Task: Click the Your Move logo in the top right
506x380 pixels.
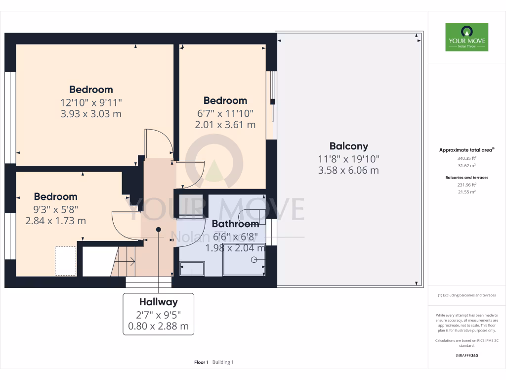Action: coord(466,37)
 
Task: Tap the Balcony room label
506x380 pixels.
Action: coord(349,146)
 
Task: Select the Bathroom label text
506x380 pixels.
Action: coord(235,224)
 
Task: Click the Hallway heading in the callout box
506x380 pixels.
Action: coord(158,302)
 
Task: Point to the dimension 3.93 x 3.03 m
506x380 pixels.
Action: coord(91,114)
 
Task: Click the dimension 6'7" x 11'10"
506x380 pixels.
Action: coord(225,113)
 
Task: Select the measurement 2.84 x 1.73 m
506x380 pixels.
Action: coord(55,221)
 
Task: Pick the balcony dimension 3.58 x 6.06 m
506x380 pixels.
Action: coord(349,171)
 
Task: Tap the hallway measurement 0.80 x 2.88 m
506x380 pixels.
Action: coord(158,327)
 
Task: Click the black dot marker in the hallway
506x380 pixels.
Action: coord(159,229)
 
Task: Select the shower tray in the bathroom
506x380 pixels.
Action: coord(244,259)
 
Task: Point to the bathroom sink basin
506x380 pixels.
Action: coord(192,270)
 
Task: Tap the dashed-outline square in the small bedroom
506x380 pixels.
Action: coord(65,261)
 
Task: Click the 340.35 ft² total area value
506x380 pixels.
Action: coord(466,158)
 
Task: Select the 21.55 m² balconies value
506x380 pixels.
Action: coord(466,191)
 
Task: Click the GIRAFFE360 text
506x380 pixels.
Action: coord(466,355)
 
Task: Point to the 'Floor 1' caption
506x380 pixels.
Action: coord(201,362)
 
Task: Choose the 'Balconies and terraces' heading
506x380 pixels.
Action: coord(466,177)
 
